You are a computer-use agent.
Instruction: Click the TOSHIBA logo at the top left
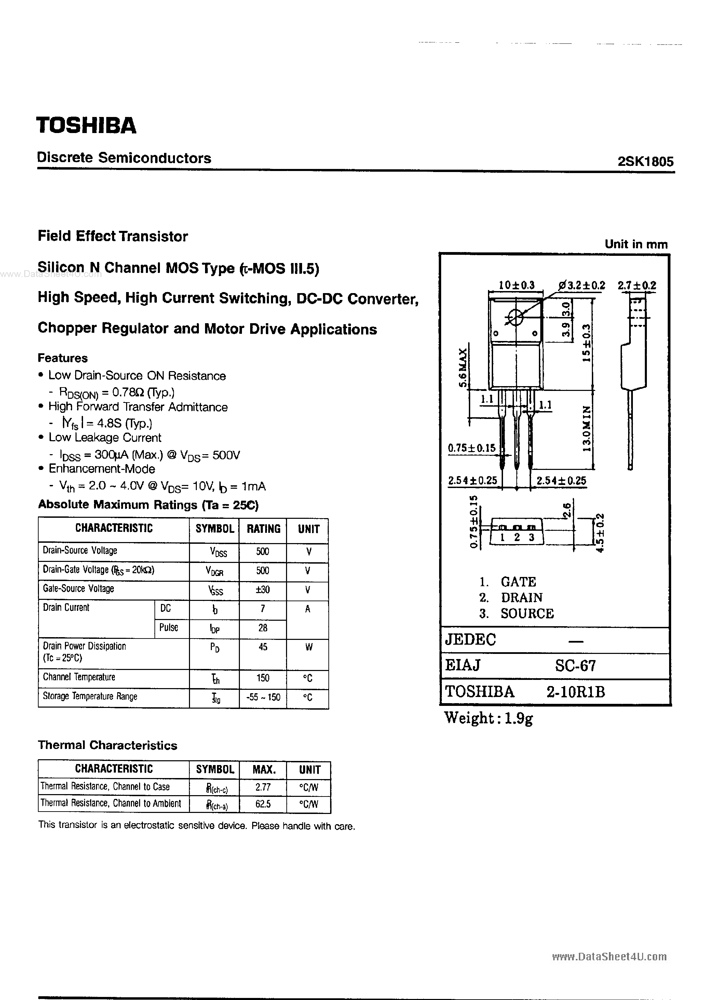point(86,126)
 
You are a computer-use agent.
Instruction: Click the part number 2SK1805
point(646,161)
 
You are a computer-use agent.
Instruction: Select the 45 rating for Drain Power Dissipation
point(263,647)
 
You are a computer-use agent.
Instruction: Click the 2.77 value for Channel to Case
point(263,787)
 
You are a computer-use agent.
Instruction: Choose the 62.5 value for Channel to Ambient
point(263,804)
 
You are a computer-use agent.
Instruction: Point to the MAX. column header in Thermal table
point(264,769)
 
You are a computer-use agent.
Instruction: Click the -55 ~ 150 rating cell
point(263,697)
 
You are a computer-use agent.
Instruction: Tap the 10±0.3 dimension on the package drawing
point(516,285)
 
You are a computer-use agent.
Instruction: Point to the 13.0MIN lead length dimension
point(587,429)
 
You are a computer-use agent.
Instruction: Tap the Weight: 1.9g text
point(488,718)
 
